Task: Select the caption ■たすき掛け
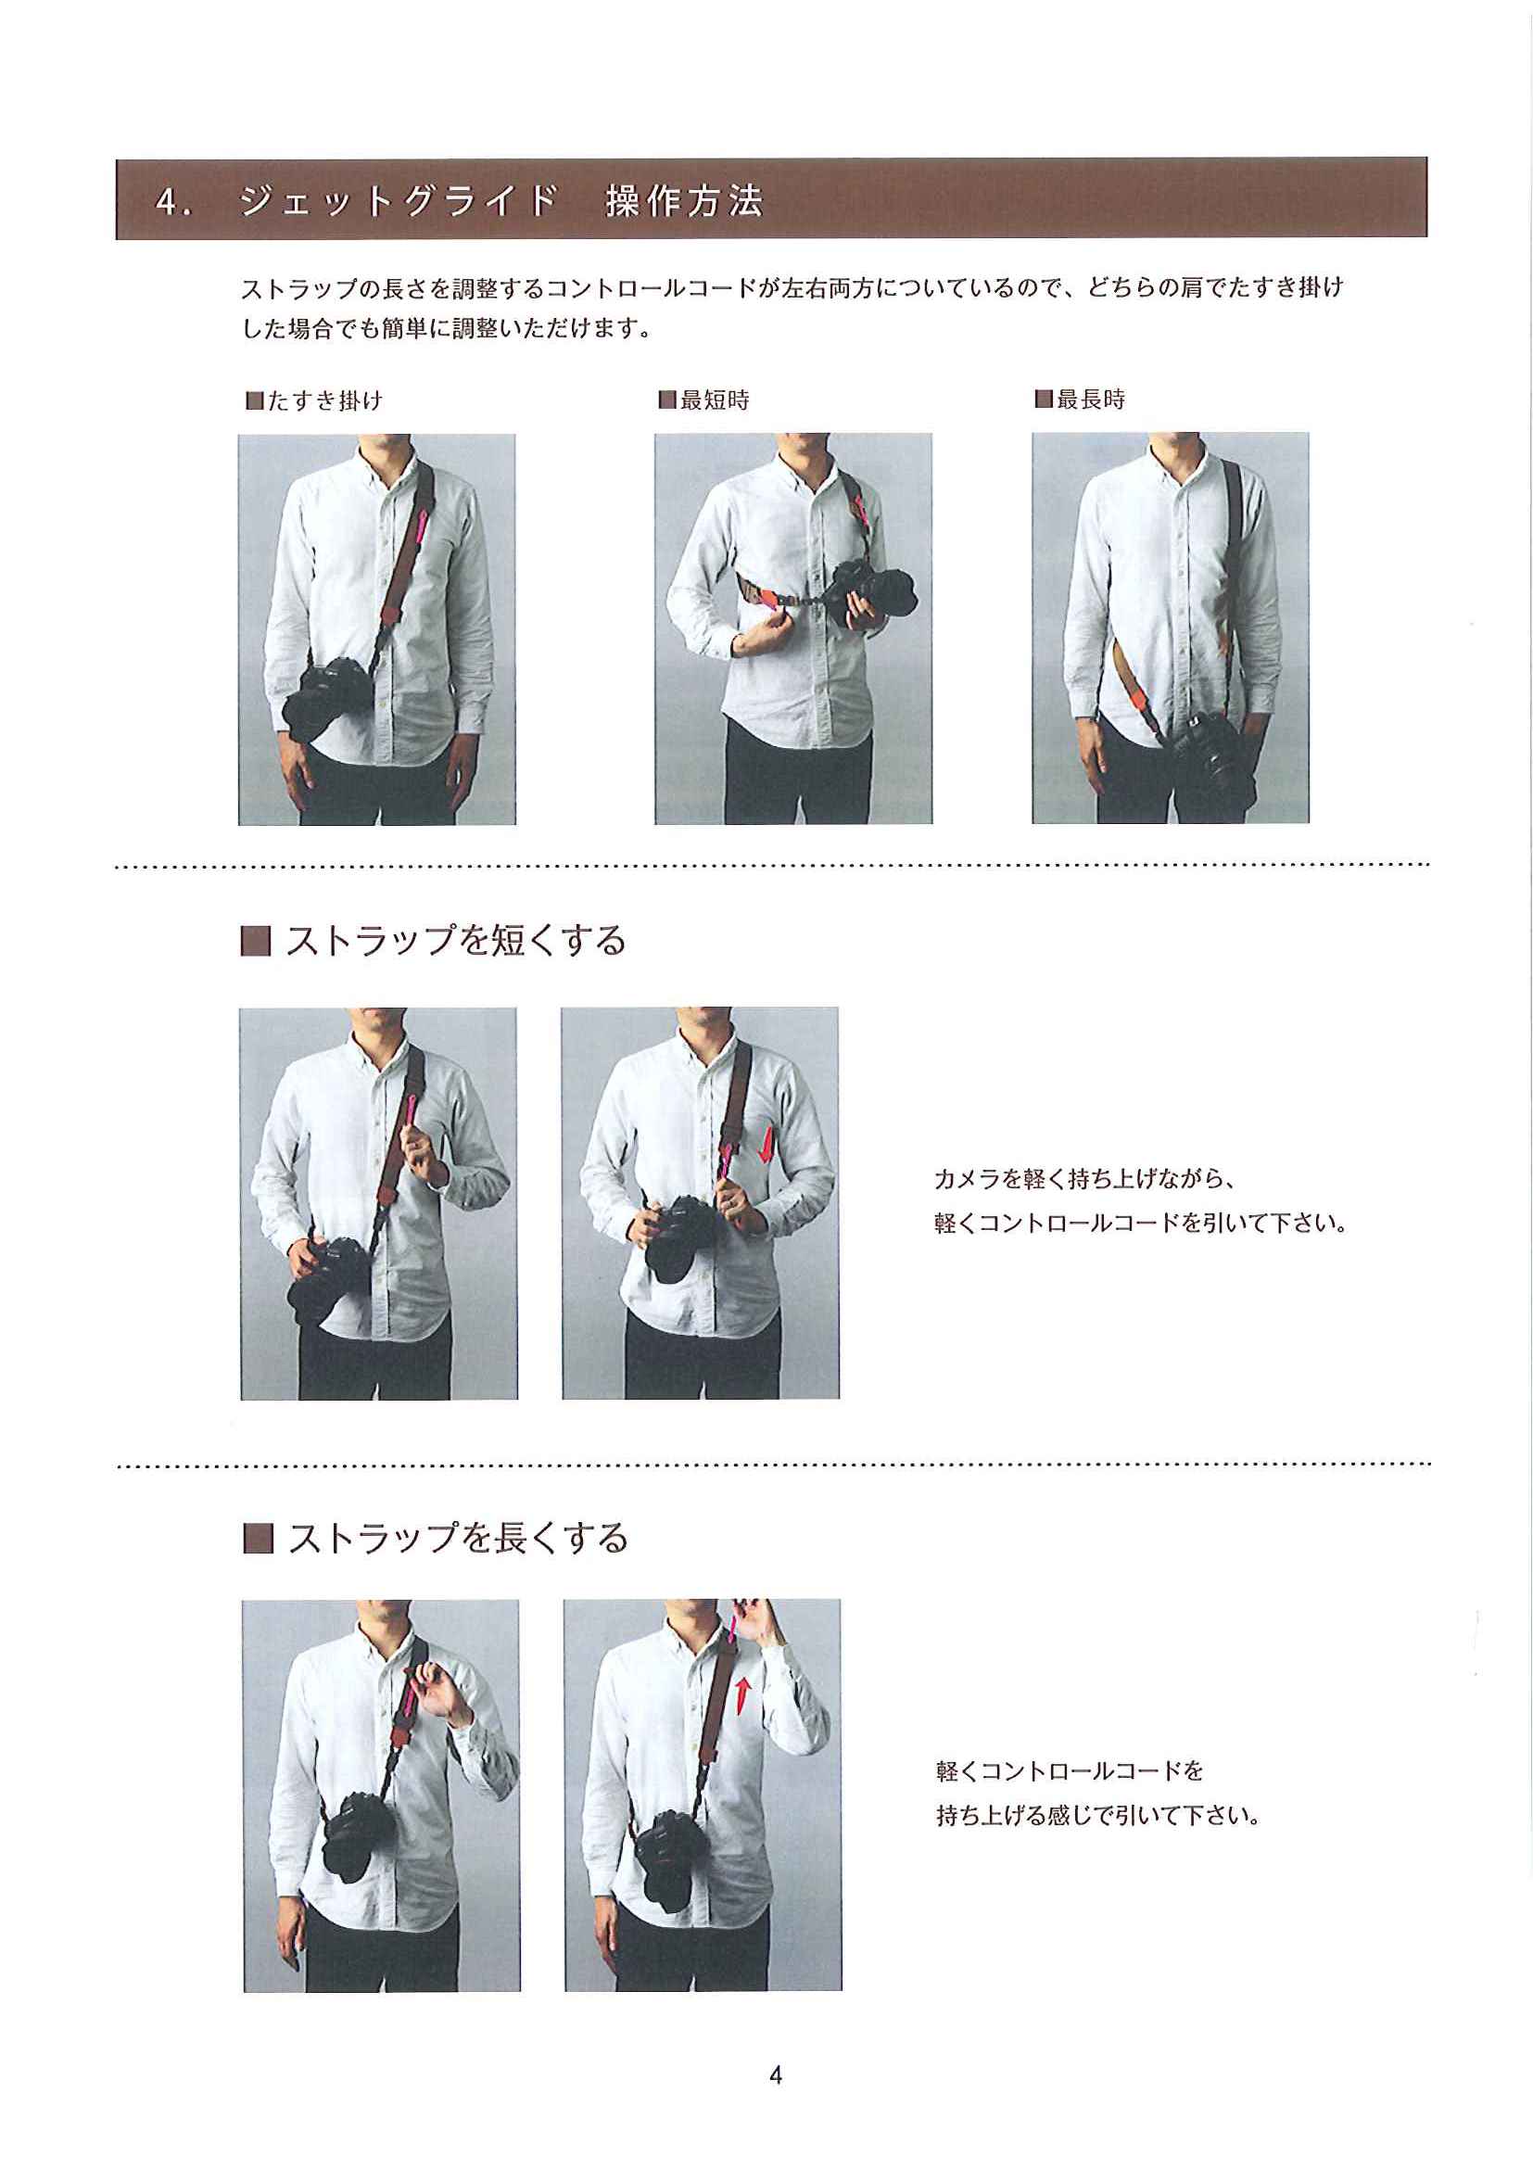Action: pos(313,400)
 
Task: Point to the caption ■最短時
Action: pos(703,400)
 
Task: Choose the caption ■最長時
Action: pos(1080,399)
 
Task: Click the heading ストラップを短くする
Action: pos(455,941)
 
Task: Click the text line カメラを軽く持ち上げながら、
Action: pos(1085,1179)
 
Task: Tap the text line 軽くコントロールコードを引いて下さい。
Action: pos(1140,1224)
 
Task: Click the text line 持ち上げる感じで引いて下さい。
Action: pos(1098,1816)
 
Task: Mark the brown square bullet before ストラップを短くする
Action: pos(256,942)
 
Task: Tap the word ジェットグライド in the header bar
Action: pos(398,201)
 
